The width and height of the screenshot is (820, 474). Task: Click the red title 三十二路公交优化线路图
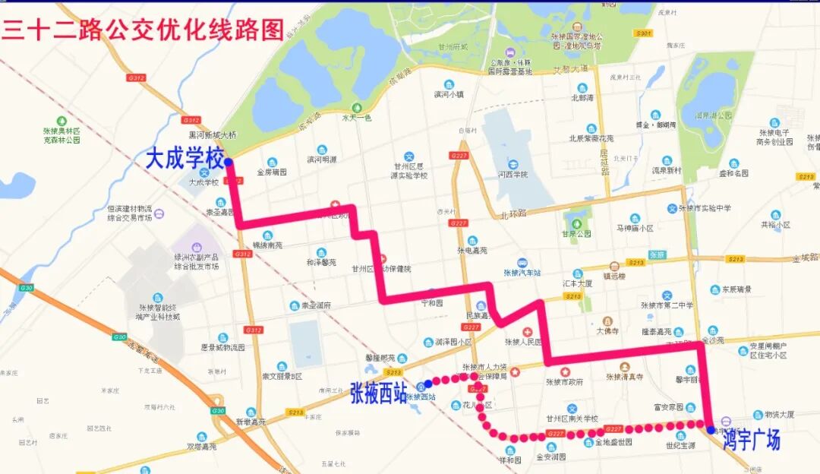point(143,28)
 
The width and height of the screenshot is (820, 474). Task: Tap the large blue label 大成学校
point(185,160)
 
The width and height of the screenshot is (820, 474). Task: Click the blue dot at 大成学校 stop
point(229,161)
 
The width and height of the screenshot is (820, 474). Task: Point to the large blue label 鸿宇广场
point(751,439)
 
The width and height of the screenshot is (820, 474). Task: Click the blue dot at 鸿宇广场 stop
point(711,430)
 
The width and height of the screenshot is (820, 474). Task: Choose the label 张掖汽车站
point(522,273)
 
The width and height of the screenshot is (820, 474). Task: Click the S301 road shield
point(643,33)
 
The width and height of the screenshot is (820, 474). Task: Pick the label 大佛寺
point(607,331)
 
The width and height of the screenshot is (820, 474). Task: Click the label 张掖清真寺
point(624,376)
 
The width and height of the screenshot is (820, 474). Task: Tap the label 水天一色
point(356,118)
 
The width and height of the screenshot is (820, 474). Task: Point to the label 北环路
point(513,215)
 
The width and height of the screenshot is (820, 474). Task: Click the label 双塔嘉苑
point(201,447)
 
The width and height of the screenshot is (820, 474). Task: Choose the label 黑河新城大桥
point(213,135)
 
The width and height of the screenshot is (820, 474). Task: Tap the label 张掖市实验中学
point(705,208)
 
